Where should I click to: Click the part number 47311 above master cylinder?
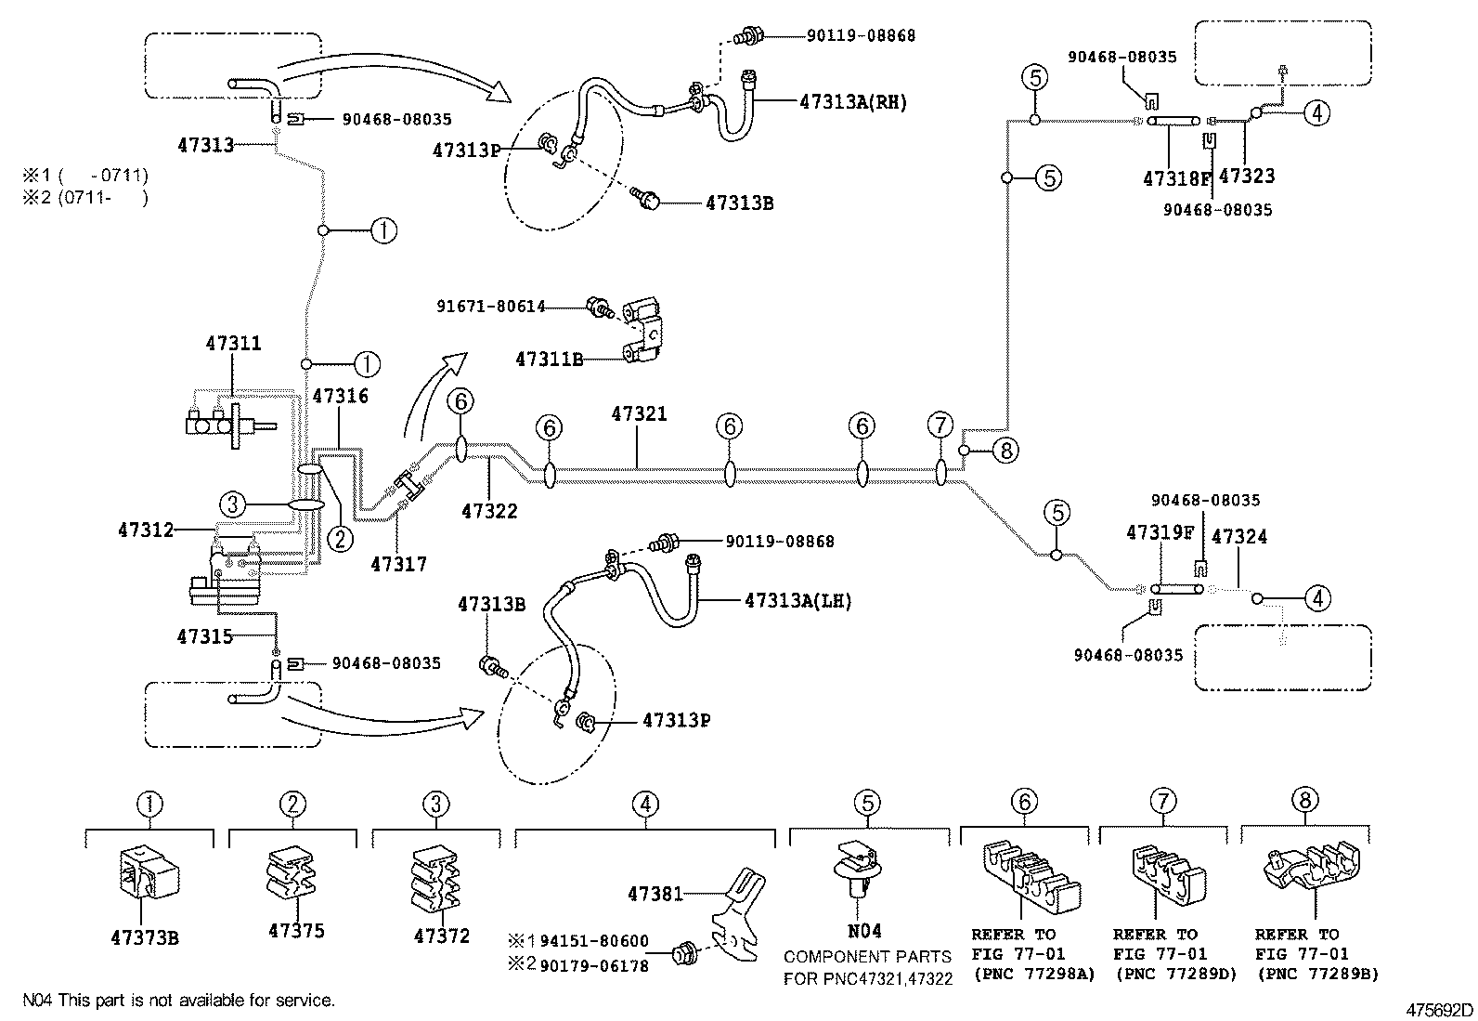(x=233, y=344)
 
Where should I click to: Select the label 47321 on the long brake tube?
(x=639, y=413)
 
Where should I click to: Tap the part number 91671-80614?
(x=491, y=306)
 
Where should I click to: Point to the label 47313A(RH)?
(x=852, y=103)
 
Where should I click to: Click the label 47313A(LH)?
(x=797, y=601)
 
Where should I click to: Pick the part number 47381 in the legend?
(x=655, y=894)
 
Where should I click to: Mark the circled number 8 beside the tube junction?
(x=1005, y=451)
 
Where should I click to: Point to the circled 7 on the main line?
(x=940, y=425)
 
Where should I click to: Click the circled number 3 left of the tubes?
(x=233, y=504)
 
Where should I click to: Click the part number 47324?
(x=1238, y=536)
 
